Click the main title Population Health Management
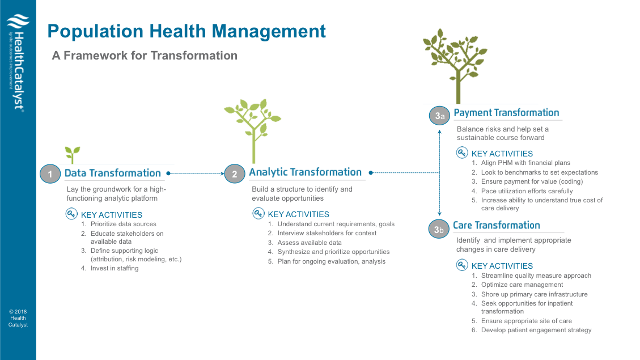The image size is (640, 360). tap(187, 31)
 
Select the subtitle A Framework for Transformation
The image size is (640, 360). tap(145, 56)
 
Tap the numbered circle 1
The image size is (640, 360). tap(50, 174)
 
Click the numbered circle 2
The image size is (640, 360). tap(235, 174)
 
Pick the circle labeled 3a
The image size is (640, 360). tap(439, 116)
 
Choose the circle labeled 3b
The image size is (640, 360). tap(439, 229)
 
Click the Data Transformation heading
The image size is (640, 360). tap(113, 173)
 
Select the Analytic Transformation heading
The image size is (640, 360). tap(305, 172)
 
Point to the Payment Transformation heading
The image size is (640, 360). tap(506, 113)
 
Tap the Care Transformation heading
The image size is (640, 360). tap(497, 225)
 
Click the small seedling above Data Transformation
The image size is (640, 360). tap(72, 153)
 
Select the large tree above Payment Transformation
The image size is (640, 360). tap(457, 65)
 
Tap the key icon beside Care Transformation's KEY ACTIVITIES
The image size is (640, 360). tap(462, 265)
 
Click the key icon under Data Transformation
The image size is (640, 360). tap(71, 214)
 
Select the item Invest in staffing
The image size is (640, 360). tap(114, 268)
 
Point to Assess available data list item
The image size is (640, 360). tap(309, 243)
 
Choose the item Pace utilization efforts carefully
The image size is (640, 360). tap(527, 191)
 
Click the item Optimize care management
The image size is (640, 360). tap(522, 285)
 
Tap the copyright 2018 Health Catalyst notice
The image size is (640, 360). tap(18, 318)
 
